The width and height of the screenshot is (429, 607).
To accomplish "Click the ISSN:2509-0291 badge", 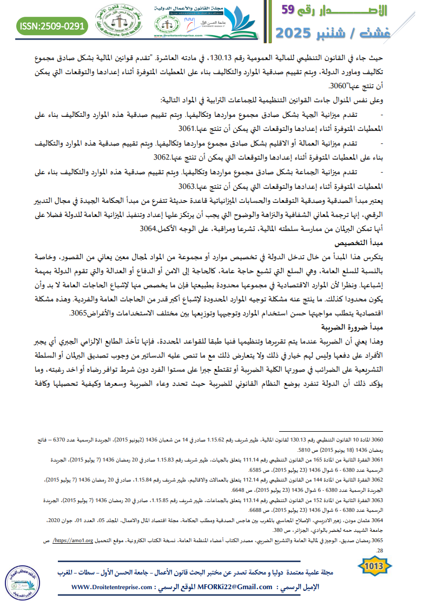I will [x=52, y=25].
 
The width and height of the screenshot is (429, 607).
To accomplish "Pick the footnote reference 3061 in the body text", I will [x=189, y=129].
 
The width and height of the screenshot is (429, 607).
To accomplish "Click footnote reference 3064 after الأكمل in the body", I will [x=151, y=229].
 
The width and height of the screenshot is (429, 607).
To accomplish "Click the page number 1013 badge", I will [x=375, y=565].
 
